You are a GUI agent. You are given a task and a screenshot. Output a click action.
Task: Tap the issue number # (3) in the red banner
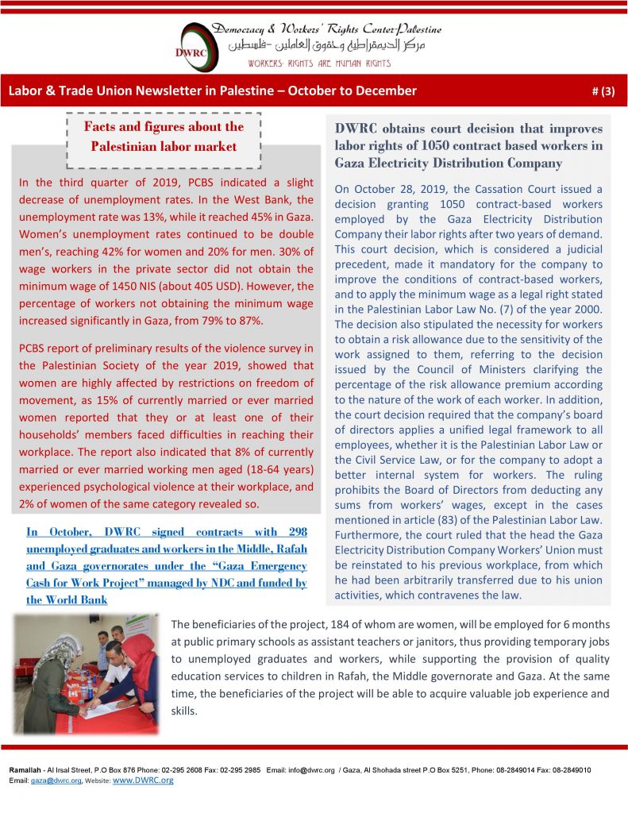coord(604,91)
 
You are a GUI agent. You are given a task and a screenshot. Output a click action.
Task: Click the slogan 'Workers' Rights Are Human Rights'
coord(318,64)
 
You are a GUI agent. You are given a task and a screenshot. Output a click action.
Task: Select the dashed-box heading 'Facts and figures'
coord(164,137)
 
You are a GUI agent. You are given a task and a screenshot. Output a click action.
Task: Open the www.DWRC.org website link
coord(144,780)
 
